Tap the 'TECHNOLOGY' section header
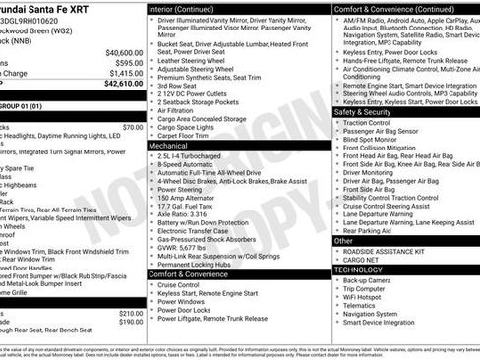pos(358,269)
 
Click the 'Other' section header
pos(343,240)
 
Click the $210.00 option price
pos(130,313)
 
